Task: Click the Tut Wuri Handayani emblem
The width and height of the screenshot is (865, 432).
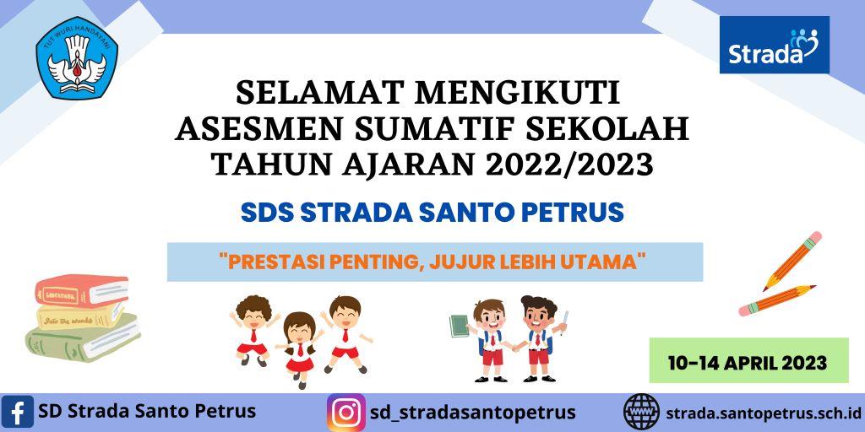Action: tap(77, 59)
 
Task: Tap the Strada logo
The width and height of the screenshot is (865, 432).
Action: tap(774, 46)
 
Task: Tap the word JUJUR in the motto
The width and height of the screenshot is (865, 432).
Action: tap(465, 262)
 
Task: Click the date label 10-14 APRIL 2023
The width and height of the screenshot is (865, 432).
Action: tap(747, 363)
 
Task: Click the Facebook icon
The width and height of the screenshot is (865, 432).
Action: tap(18, 413)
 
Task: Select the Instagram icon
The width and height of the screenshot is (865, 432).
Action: tap(346, 413)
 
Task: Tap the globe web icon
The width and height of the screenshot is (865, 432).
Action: tap(641, 413)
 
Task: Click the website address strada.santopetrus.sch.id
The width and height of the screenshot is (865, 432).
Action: tap(764, 413)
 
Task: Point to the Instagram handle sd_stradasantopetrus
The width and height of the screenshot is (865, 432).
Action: tap(473, 413)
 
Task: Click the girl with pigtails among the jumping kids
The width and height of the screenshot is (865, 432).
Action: tap(298, 342)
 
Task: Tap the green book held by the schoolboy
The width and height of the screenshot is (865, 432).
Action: tap(459, 326)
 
